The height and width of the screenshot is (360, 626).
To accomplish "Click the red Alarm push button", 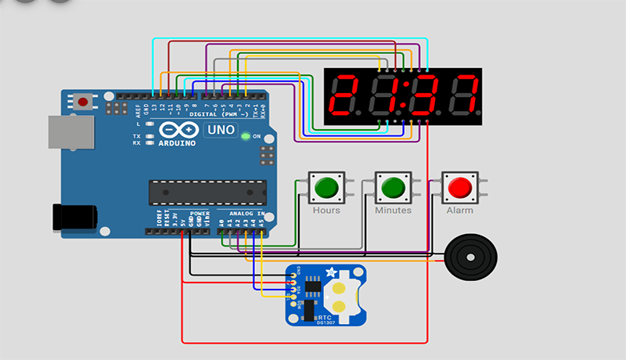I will (459, 188).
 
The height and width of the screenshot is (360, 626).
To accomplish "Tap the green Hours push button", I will (325, 188).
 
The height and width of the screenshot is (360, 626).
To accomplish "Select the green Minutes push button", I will (392, 188).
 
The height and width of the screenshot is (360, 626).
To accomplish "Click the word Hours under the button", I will (326, 211).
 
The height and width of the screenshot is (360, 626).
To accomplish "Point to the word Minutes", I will (393, 211).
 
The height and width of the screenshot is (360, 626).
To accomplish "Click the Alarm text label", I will (459, 211).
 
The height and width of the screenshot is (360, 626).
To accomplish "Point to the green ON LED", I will (246, 136).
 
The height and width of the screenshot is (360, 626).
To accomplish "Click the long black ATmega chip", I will (207, 191).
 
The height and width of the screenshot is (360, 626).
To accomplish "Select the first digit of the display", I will (345, 96).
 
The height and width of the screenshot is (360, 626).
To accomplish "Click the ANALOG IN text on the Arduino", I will (245, 213).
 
